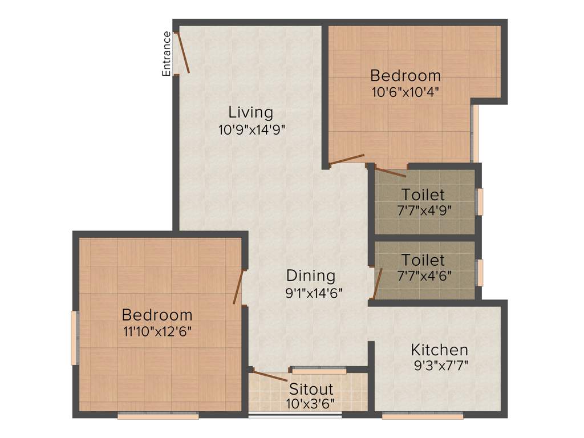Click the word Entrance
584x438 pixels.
[167, 54]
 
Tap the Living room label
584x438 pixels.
[251, 112]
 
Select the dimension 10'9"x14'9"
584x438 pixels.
[252, 129]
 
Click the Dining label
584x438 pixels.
[311, 276]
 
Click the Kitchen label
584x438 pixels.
[440, 350]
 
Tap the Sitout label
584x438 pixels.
[311, 390]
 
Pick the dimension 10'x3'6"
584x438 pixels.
[310, 404]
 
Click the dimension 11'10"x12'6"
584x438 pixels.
[157, 331]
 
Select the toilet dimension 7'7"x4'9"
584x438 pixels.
[424, 210]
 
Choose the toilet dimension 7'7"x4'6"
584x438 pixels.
[424, 275]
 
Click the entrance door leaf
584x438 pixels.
[182, 52]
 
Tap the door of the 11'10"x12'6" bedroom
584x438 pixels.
[238, 286]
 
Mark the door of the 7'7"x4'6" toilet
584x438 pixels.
[377, 283]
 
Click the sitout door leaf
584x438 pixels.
[270, 376]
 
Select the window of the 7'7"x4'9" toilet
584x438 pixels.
[480, 201]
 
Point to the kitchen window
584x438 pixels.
[423, 416]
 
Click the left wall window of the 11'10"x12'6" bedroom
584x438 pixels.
[74, 338]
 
